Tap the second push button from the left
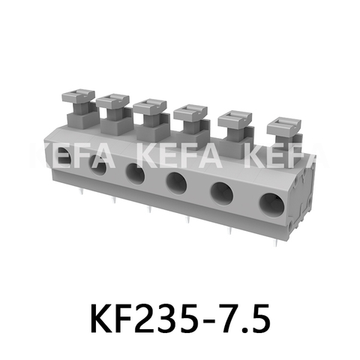click(x=112, y=100)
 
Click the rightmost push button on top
click(x=283, y=124)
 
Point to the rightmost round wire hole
click(x=271, y=203)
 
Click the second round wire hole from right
click(x=222, y=192)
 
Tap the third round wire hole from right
click(x=177, y=182)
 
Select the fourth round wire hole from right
click(x=136, y=173)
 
